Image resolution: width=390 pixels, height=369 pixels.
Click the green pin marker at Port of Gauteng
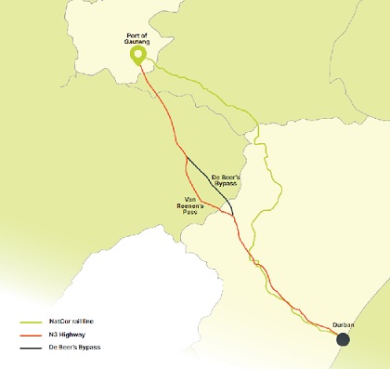coord(138,58)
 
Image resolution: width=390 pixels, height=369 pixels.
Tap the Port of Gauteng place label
coord(138,40)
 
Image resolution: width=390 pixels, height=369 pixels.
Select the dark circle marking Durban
coord(343,339)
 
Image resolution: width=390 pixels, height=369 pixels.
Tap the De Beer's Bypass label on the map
coord(226,179)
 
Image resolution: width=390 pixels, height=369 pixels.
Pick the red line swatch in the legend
coord(32,333)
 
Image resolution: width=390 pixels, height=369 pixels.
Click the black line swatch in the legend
coord(32,347)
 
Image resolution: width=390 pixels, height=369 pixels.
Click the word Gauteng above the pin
coord(138,44)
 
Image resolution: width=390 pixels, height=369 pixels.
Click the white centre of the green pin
coord(138,55)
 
